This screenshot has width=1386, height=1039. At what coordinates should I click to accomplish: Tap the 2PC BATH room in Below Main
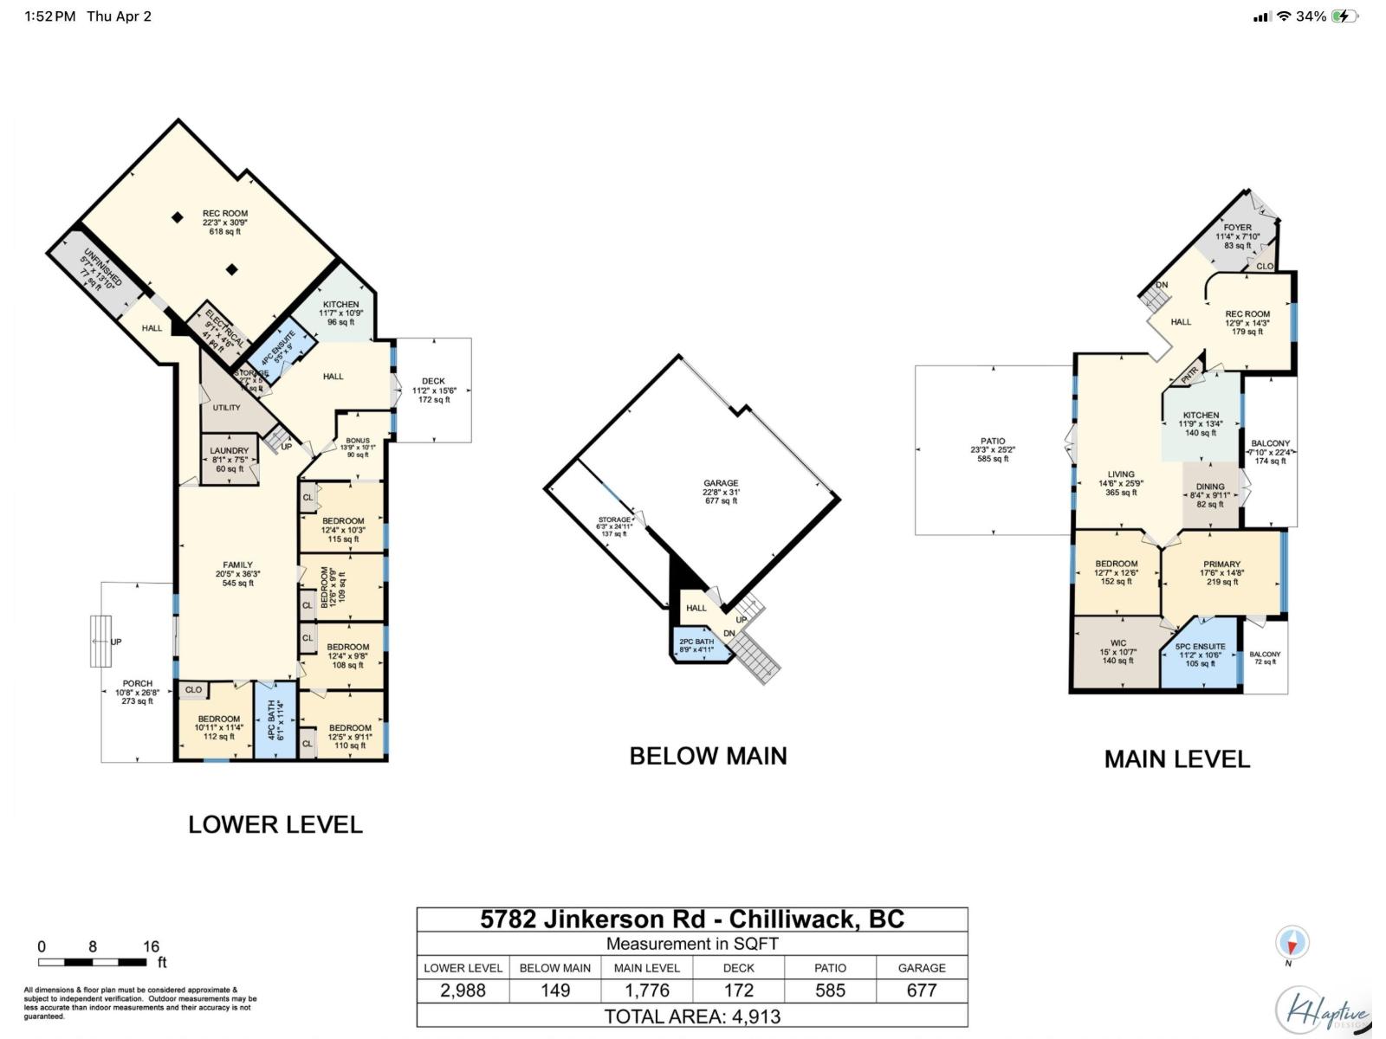(x=696, y=646)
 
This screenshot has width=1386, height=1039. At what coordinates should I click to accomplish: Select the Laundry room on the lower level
(x=229, y=460)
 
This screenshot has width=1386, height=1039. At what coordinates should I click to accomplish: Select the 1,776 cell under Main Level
(x=647, y=991)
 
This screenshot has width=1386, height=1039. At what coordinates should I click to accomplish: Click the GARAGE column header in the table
(x=921, y=968)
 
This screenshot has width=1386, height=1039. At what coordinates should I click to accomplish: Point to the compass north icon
(x=1292, y=942)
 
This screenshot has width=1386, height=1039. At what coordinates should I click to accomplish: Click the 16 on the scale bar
(x=151, y=946)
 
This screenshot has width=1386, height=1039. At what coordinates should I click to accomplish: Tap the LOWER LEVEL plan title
(x=275, y=824)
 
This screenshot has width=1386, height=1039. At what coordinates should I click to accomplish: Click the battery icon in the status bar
(x=1344, y=16)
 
